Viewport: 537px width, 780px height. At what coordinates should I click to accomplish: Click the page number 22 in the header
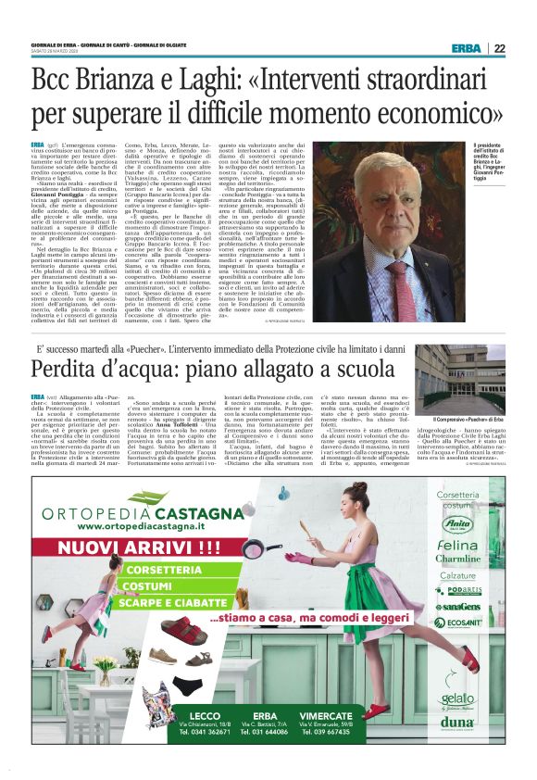pos(499,48)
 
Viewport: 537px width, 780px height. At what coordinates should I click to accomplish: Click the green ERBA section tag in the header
pos(466,48)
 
